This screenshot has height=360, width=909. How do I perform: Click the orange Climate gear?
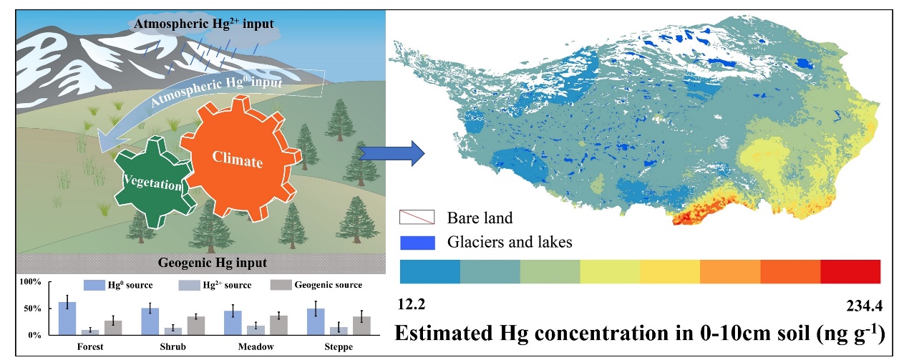(x=240, y=159)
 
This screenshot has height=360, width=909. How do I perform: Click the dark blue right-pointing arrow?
(x=392, y=153)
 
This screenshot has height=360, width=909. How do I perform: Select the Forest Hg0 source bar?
(x=67, y=318)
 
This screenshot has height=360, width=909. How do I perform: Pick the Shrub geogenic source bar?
(x=196, y=326)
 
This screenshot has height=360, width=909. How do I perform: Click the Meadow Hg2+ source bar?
(x=256, y=331)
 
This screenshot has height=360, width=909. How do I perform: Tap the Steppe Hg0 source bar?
(x=316, y=322)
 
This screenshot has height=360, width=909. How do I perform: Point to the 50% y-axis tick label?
(x=32, y=309)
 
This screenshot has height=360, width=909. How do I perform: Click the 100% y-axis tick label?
(x=31, y=282)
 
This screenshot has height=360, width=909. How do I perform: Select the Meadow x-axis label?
(x=256, y=347)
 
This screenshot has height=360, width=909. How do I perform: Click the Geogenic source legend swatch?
(x=281, y=285)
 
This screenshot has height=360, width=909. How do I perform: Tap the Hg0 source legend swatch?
(x=94, y=285)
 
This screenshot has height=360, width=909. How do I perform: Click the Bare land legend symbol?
(x=417, y=217)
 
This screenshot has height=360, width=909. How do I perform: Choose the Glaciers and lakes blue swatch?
(x=417, y=243)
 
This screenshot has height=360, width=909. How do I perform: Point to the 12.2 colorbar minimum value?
(x=412, y=304)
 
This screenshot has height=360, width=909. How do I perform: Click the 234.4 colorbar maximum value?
(x=865, y=306)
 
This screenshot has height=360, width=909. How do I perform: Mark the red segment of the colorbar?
(x=850, y=271)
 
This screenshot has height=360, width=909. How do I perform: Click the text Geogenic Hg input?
(x=213, y=263)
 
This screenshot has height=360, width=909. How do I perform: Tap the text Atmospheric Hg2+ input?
(x=204, y=24)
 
